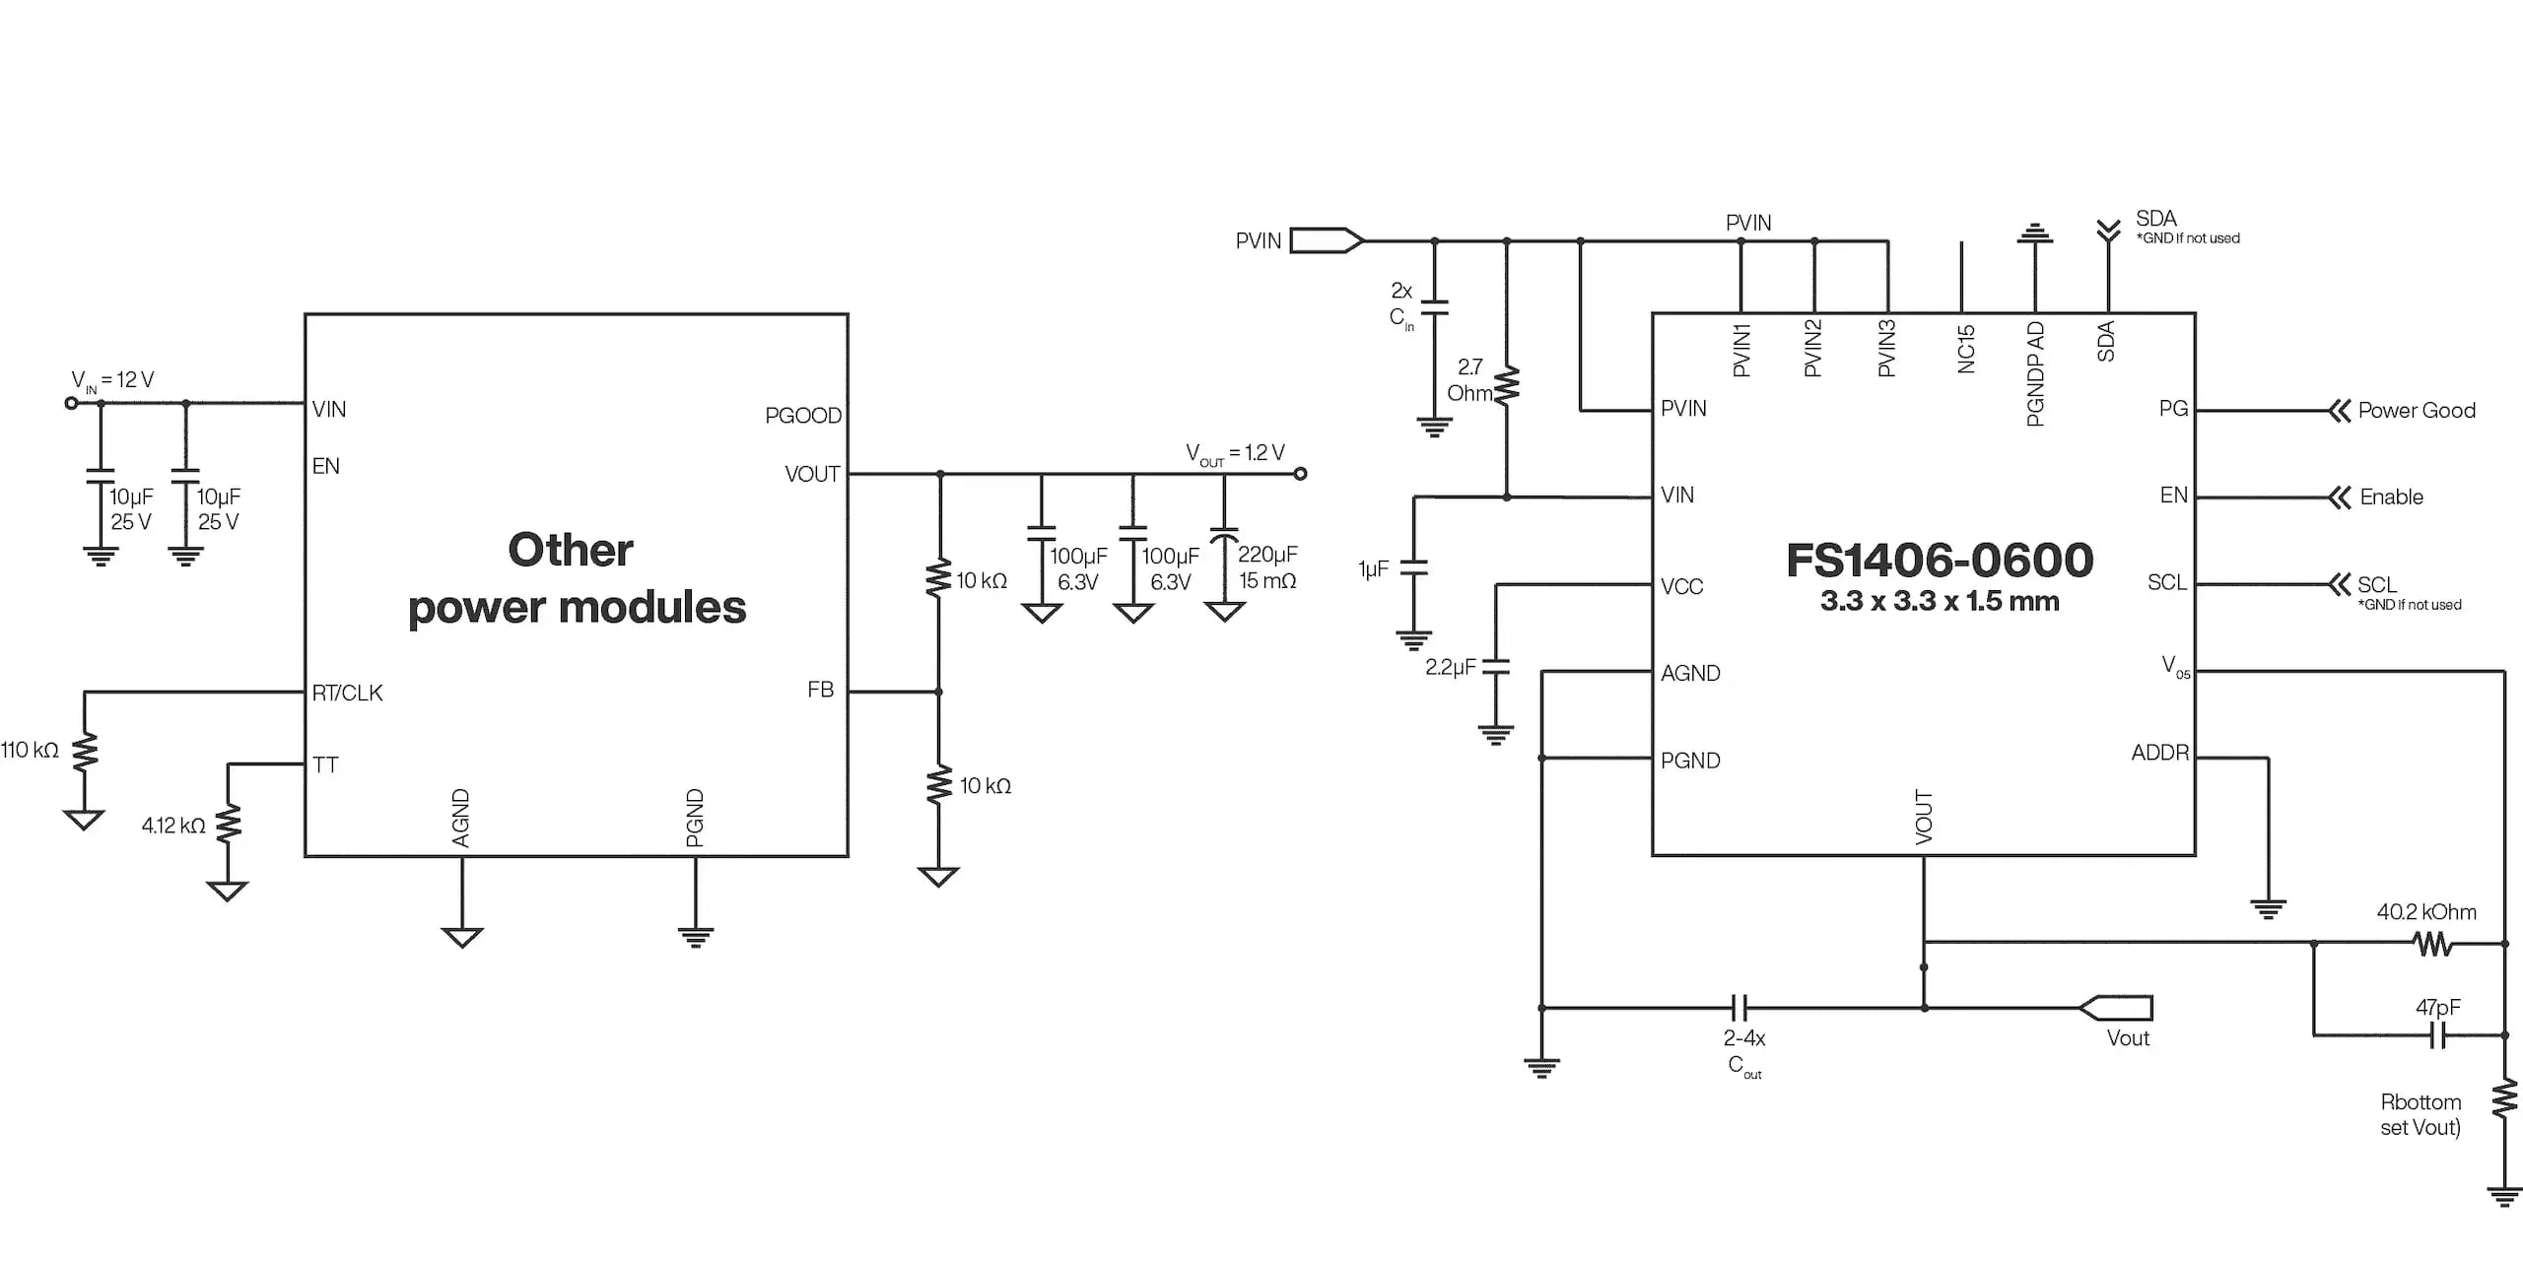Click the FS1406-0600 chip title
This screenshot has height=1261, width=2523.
pos(1939,560)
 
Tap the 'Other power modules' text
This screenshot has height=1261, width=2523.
pos(576,579)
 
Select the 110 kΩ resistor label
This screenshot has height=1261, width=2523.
pos(30,750)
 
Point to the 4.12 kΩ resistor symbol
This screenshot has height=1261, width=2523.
pos(228,824)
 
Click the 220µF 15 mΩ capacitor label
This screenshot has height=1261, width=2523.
pos(1267,567)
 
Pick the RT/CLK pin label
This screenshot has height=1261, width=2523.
pos(347,693)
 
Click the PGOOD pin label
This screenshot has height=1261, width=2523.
pos(802,416)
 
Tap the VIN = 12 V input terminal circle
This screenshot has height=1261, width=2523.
pos(71,403)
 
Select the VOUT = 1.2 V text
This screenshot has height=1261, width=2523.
pos(1235,453)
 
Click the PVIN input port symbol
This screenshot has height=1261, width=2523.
pos(1327,240)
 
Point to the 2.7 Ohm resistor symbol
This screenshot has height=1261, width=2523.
pos(1507,384)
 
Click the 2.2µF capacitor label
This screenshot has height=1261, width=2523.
pos(1450,667)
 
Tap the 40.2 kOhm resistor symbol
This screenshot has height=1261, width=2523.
pos(2432,944)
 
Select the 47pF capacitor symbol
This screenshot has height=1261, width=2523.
pos(2437,1035)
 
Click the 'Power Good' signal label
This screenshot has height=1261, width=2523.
pos(2416,411)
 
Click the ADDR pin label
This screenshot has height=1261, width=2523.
pos(2159,753)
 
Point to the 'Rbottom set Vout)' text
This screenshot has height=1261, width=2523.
pos(2420,1114)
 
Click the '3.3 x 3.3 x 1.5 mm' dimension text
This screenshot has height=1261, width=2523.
pos(1939,601)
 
